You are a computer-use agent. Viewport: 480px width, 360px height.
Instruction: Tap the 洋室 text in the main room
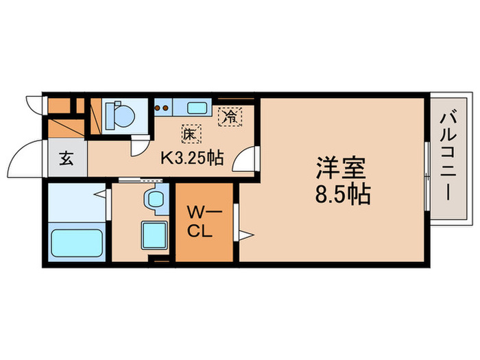tap(341, 168)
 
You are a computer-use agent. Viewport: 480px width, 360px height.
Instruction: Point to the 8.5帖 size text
tap(343, 195)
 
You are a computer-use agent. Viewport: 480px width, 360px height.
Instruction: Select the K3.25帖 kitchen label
tap(191, 158)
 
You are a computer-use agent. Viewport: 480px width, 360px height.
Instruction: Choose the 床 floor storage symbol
tap(189, 134)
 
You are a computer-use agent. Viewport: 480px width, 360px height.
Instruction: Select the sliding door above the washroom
tap(137, 180)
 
